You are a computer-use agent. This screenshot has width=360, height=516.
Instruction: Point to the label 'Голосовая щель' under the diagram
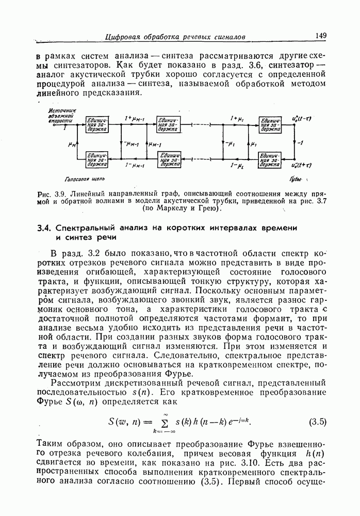[84, 179]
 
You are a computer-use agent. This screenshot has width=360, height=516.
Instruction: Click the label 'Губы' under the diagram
[296, 179]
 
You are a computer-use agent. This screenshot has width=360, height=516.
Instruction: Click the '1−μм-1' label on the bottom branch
[134, 166]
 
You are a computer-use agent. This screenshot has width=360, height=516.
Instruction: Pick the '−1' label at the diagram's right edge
[300, 143]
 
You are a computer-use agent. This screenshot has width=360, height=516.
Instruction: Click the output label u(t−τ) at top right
[302, 119]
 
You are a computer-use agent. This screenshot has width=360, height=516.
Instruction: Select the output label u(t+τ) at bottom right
[302, 165]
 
